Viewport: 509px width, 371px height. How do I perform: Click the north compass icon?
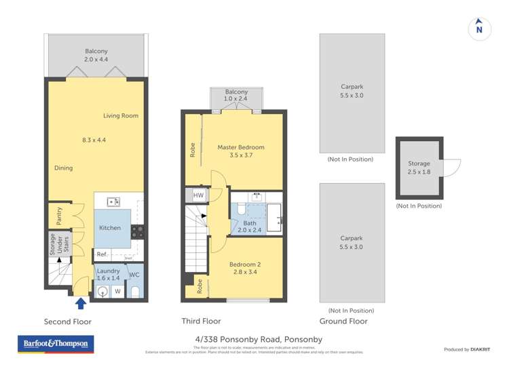[x=479, y=28]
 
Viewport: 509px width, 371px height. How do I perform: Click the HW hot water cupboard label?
[x=198, y=195]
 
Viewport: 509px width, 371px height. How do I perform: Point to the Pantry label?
[x=60, y=216]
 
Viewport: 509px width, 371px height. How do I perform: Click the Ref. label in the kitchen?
[x=102, y=254]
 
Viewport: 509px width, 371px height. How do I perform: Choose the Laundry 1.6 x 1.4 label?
[x=109, y=274]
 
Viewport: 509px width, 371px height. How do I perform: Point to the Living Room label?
[x=121, y=116]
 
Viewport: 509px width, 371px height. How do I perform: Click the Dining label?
[x=63, y=168]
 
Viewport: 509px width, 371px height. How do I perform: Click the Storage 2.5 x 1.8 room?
[x=419, y=167]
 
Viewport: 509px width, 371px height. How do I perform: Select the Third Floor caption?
[x=201, y=321]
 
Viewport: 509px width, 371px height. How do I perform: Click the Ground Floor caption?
[x=343, y=321]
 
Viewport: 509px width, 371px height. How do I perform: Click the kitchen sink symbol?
[x=114, y=201]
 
